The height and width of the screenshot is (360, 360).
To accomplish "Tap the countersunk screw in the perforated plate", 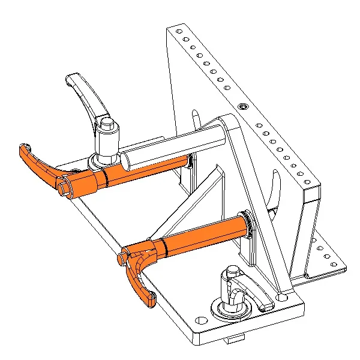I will click(x=242, y=106).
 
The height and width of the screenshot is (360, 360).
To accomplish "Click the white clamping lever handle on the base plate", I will click(x=255, y=294).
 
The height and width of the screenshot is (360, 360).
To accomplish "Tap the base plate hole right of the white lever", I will click(x=283, y=296).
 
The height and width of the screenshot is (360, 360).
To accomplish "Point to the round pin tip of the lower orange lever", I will click(x=122, y=257).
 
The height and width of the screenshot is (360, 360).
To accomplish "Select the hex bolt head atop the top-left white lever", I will click(x=106, y=124).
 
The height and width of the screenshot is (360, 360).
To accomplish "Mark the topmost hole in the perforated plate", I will click(x=178, y=31).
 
